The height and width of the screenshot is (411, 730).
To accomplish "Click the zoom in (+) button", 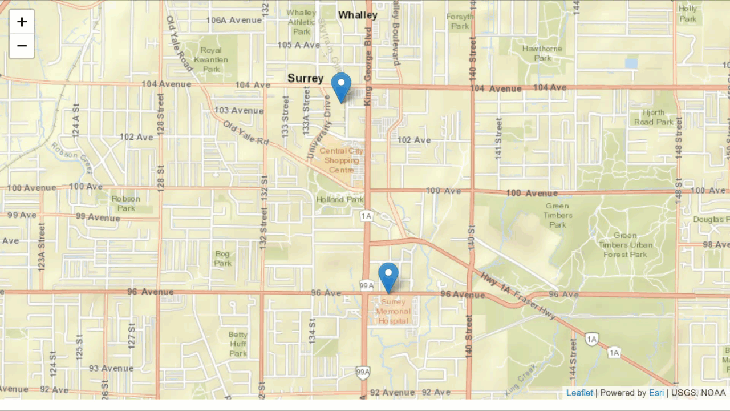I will [x=22, y=22].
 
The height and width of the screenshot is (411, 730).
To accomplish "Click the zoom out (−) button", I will [x=22, y=46].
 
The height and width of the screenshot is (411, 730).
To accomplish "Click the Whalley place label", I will [x=358, y=15].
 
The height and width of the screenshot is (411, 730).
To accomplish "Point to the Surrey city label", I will [x=305, y=78].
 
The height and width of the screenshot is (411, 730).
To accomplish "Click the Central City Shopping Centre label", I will [x=341, y=160].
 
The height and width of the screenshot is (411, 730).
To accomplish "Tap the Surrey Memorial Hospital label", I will [x=394, y=311].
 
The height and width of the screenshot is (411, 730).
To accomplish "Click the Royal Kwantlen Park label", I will [x=210, y=59].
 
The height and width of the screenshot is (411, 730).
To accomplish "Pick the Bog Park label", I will [x=223, y=259].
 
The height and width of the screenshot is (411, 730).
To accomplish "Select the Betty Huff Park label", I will [x=238, y=344].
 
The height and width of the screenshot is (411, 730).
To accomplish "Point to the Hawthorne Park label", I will [x=542, y=53].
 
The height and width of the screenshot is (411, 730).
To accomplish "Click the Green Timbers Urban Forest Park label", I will [x=625, y=245].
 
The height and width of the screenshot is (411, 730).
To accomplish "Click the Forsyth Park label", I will [x=460, y=21].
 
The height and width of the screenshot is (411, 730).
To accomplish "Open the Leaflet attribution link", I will [x=579, y=393].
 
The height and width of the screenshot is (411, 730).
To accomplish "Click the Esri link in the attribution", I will [x=656, y=393].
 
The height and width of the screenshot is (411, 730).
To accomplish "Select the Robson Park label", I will [x=126, y=203].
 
